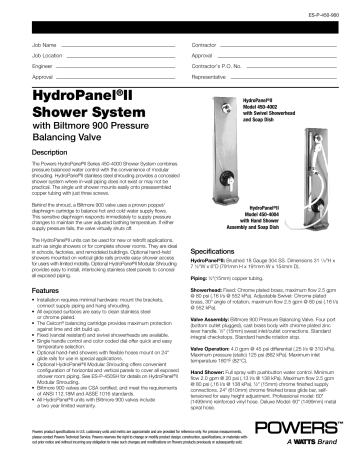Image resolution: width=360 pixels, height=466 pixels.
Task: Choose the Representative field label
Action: click(212, 76)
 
